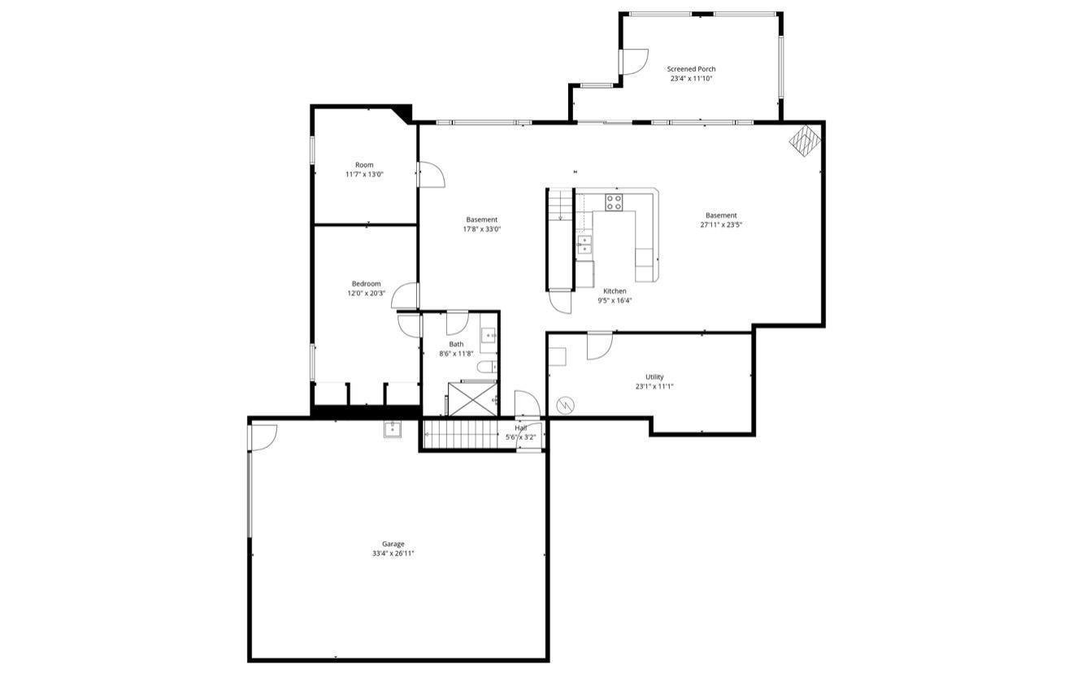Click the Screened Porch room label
coord(691,69)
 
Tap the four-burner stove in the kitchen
coord(614,202)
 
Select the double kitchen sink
coord(584,244)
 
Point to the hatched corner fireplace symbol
coord(805,140)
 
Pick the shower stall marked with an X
coord(472,398)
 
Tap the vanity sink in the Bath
coord(489,334)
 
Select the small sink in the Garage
coord(393,428)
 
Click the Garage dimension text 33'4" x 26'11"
coord(393,554)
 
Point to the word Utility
coord(654,377)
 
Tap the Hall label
coord(520,428)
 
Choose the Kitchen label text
coord(615,291)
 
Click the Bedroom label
coord(366,284)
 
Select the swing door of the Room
coord(430,175)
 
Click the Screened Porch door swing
coord(634,62)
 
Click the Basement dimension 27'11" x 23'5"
coord(721,224)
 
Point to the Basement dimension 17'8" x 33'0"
coord(481,228)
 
